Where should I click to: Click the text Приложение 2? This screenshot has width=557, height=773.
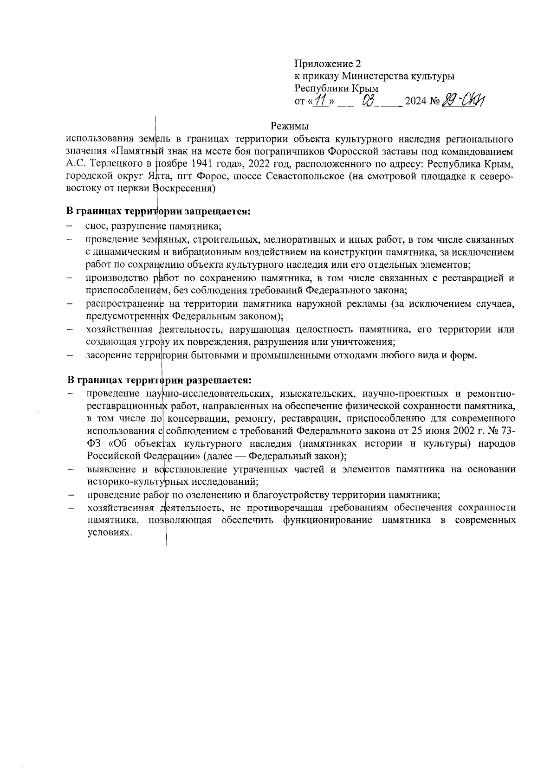pyautogui.click(x=327, y=64)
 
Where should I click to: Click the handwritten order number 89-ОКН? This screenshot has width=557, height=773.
pyautogui.click(x=464, y=100)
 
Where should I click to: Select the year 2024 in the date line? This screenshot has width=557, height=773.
pyautogui.click(x=416, y=101)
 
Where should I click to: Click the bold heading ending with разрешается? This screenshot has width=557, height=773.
pyautogui.click(x=159, y=380)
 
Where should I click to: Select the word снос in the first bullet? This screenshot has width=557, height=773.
pyautogui.click(x=96, y=226)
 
